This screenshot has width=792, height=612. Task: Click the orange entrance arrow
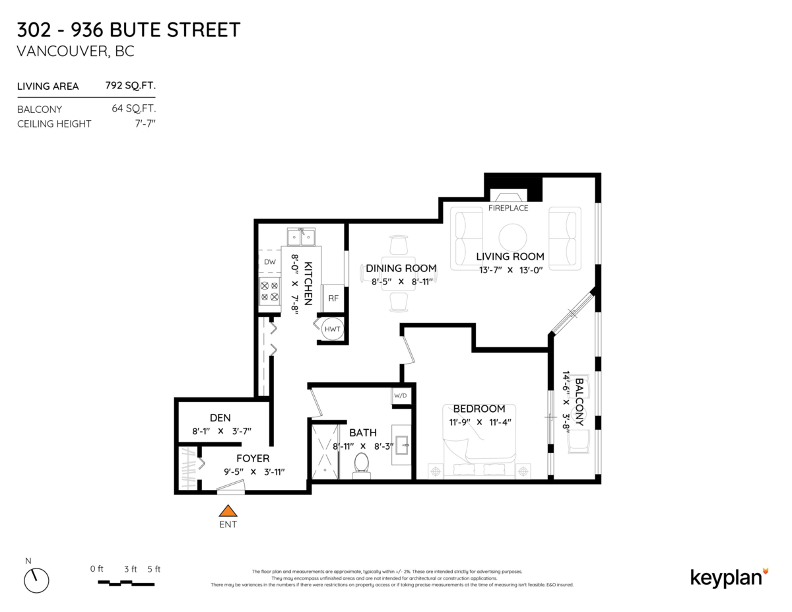(x=228, y=511)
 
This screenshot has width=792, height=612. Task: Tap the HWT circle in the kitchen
(x=331, y=329)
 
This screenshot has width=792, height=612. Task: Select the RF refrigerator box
(x=333, y=298)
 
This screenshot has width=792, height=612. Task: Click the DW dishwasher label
(x=270, y=262)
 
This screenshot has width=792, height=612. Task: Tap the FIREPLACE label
(x=508, y=208)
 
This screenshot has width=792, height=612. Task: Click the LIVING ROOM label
(x=510, y=256)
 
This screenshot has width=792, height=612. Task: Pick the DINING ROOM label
(x=401, y=268)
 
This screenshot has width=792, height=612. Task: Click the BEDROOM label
(x=478, y=409)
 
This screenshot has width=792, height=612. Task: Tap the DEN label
(x=220, y=417)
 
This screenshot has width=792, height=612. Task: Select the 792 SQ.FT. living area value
(x=130, y=86)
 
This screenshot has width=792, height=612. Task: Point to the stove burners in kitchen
(x=269, y=292)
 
